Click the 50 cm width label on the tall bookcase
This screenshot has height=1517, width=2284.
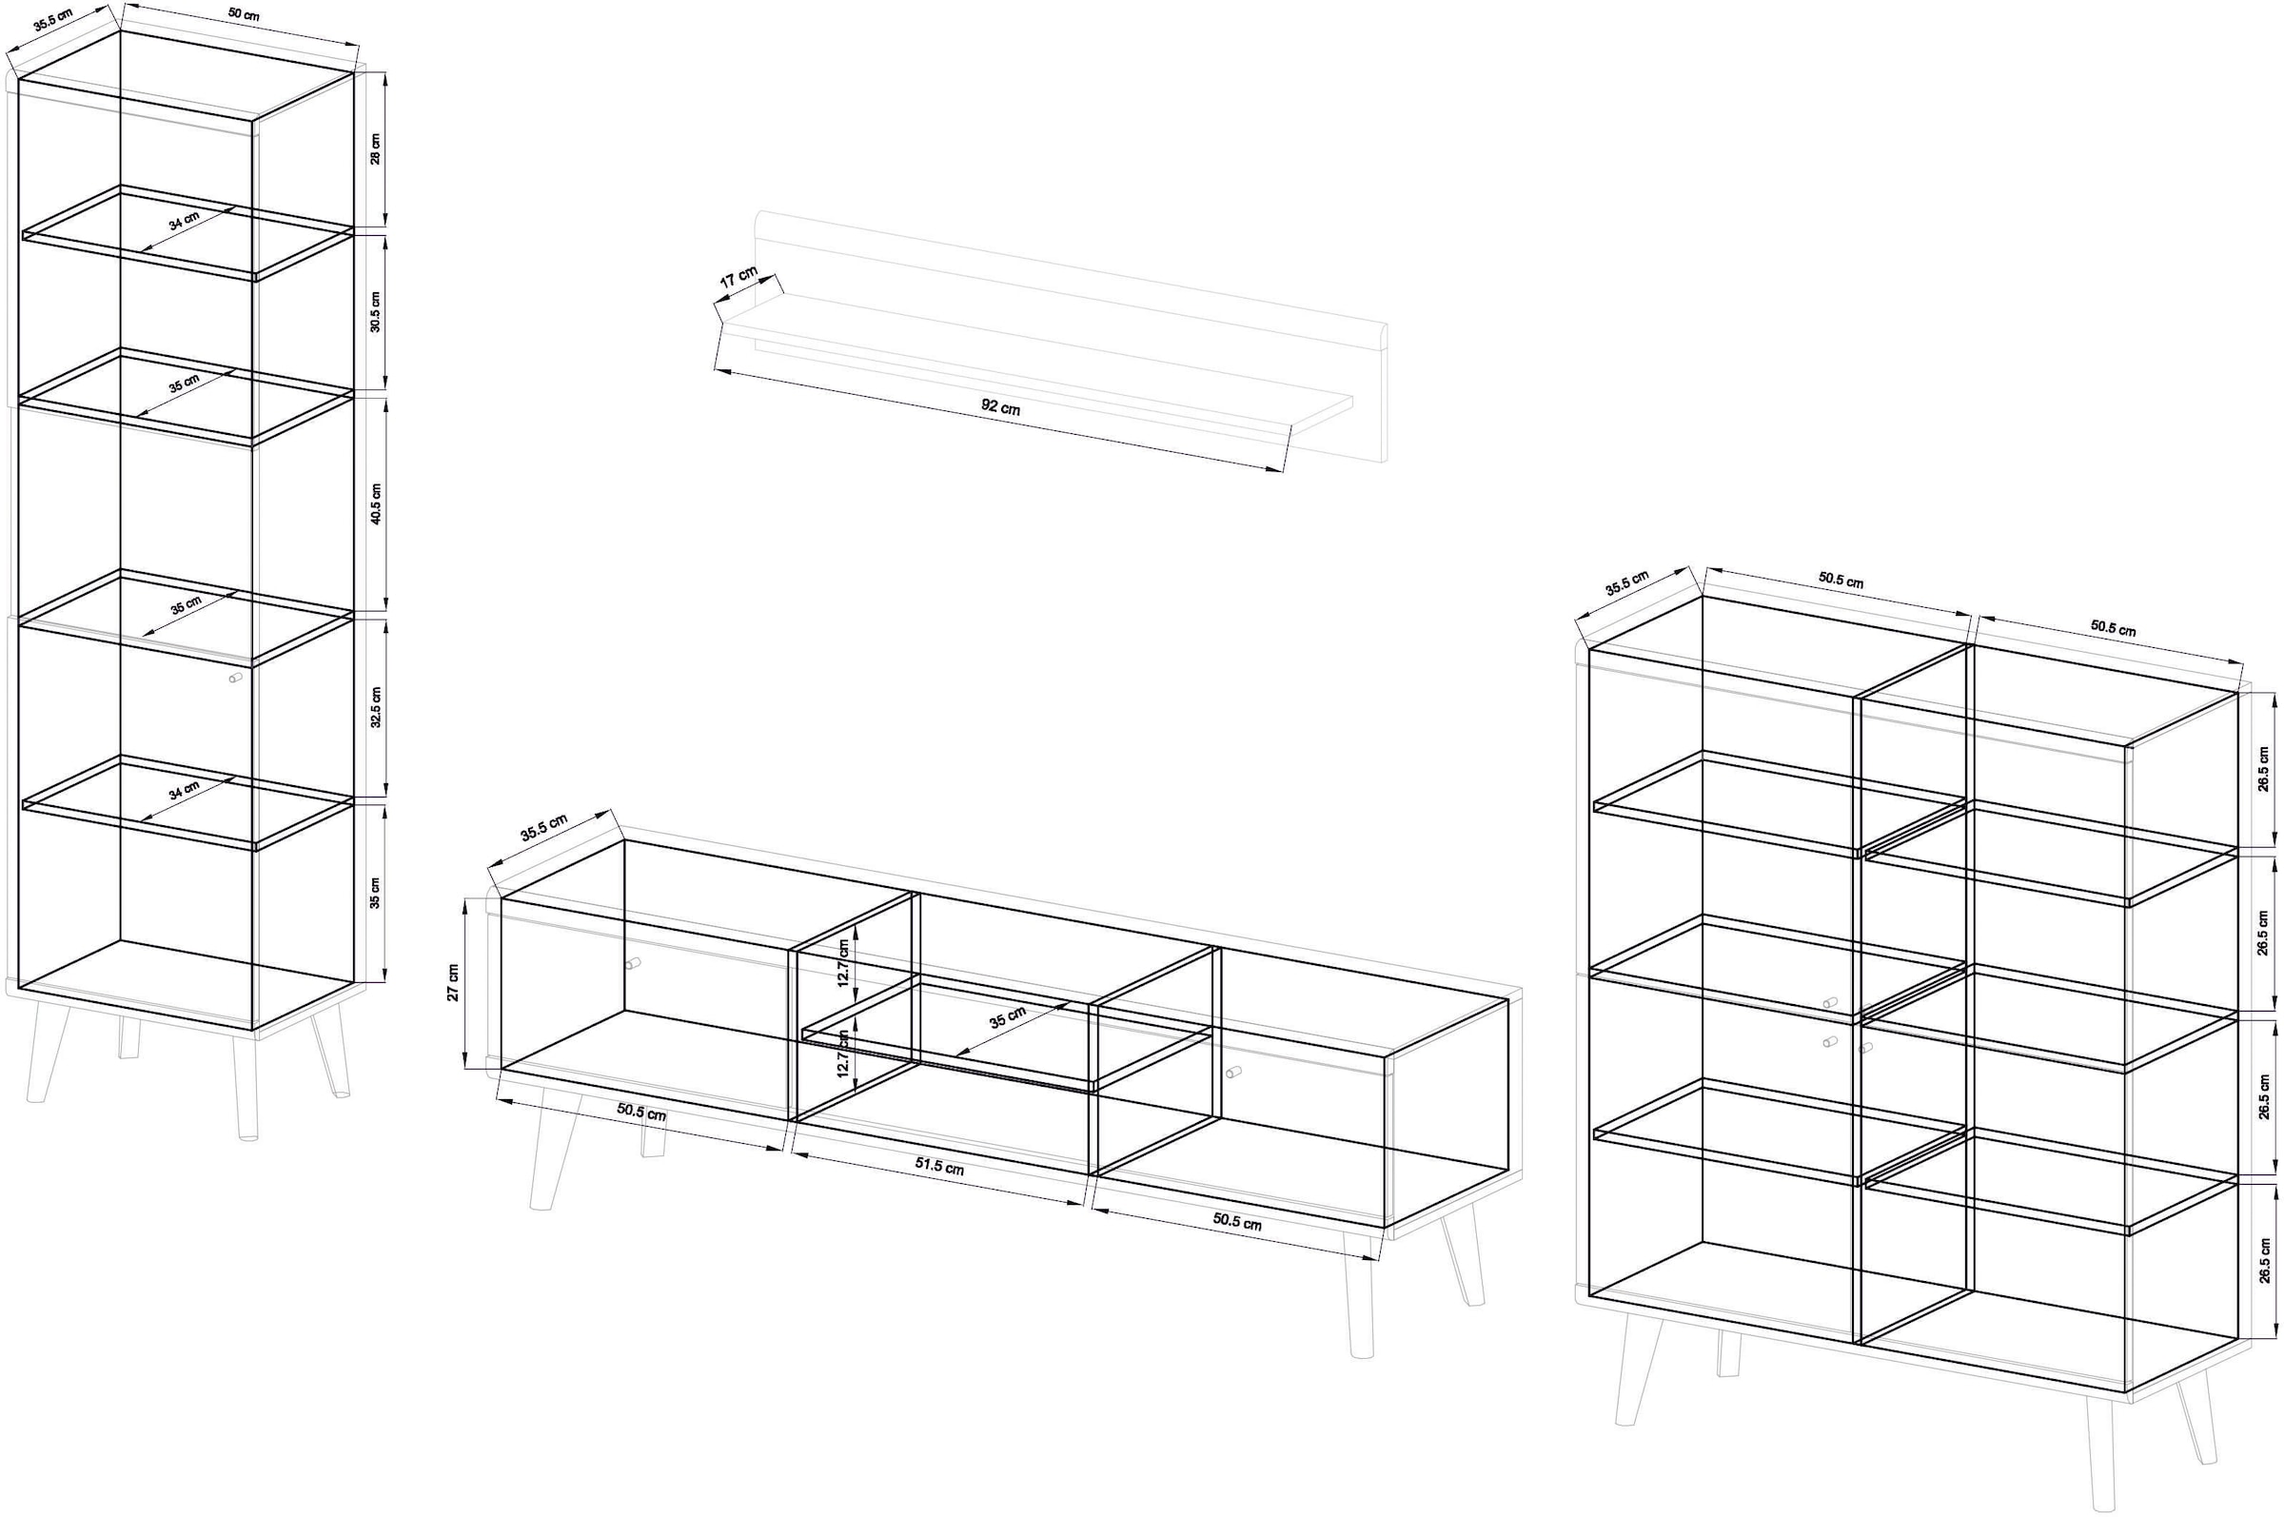pyautogui.click(x=244, y=15)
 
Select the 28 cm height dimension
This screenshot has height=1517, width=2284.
pyautogui.click(x=375, y=149)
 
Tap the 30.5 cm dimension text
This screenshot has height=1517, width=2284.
pyautogui.click(x=375, y=311)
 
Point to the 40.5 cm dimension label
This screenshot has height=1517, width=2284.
pyautogui.click(x=375, y=503)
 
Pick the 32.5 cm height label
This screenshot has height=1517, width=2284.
pyautogui.click(x=375, y=707)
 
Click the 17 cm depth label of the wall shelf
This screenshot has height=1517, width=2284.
pyautogui.click(x=739, y=278)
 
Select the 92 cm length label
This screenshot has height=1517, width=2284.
pyautogui.click(x=1000, y=407)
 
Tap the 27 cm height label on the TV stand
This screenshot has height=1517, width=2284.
pyautogui.click(x=453, y=982)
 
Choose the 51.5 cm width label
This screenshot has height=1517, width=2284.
pyautogui.click(x=939, y=1167)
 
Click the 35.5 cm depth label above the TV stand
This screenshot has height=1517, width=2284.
pyautogui.click(x=543, y=828)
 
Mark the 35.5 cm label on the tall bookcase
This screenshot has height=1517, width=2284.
pyautogui.click(x=53, y=19)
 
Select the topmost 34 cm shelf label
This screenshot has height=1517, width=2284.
pyautogui.click(x=184, y=222)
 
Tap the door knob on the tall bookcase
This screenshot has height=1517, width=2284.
pyautogui.click(x=235, y=680)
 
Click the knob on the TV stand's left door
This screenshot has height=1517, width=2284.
pyautogui.click(x=633, y=964)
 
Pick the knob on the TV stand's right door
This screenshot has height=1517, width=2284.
pyautogui.click(x=1233, y=1072)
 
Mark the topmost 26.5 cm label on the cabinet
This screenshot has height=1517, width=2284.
pyautogui.click(x=2264, y=769)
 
